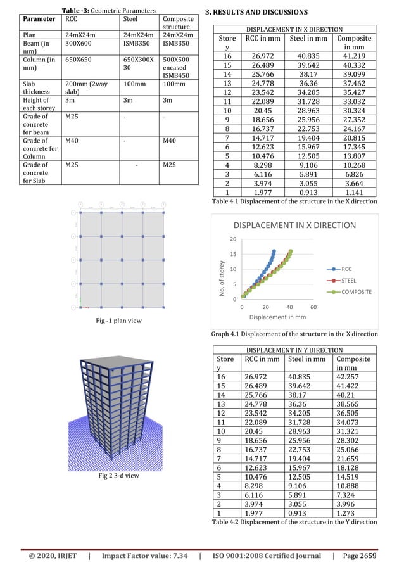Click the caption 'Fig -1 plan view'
click(118, 321)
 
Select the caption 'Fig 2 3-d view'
click(118, 474)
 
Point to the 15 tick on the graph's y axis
click(234, 254)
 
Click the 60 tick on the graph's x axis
click(314, 306)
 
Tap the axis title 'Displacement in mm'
click(277, 317)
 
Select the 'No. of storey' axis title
click(221, 279)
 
